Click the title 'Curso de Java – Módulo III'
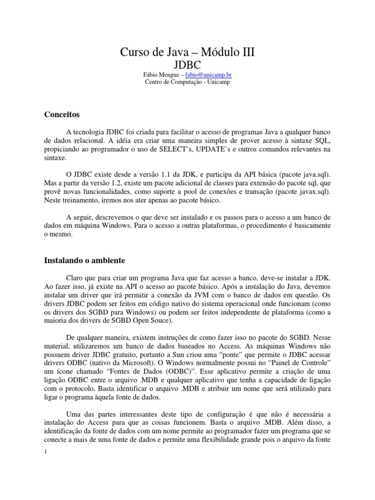(187, 52)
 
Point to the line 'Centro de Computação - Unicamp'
(187, 82)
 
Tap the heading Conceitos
(62, 114)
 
